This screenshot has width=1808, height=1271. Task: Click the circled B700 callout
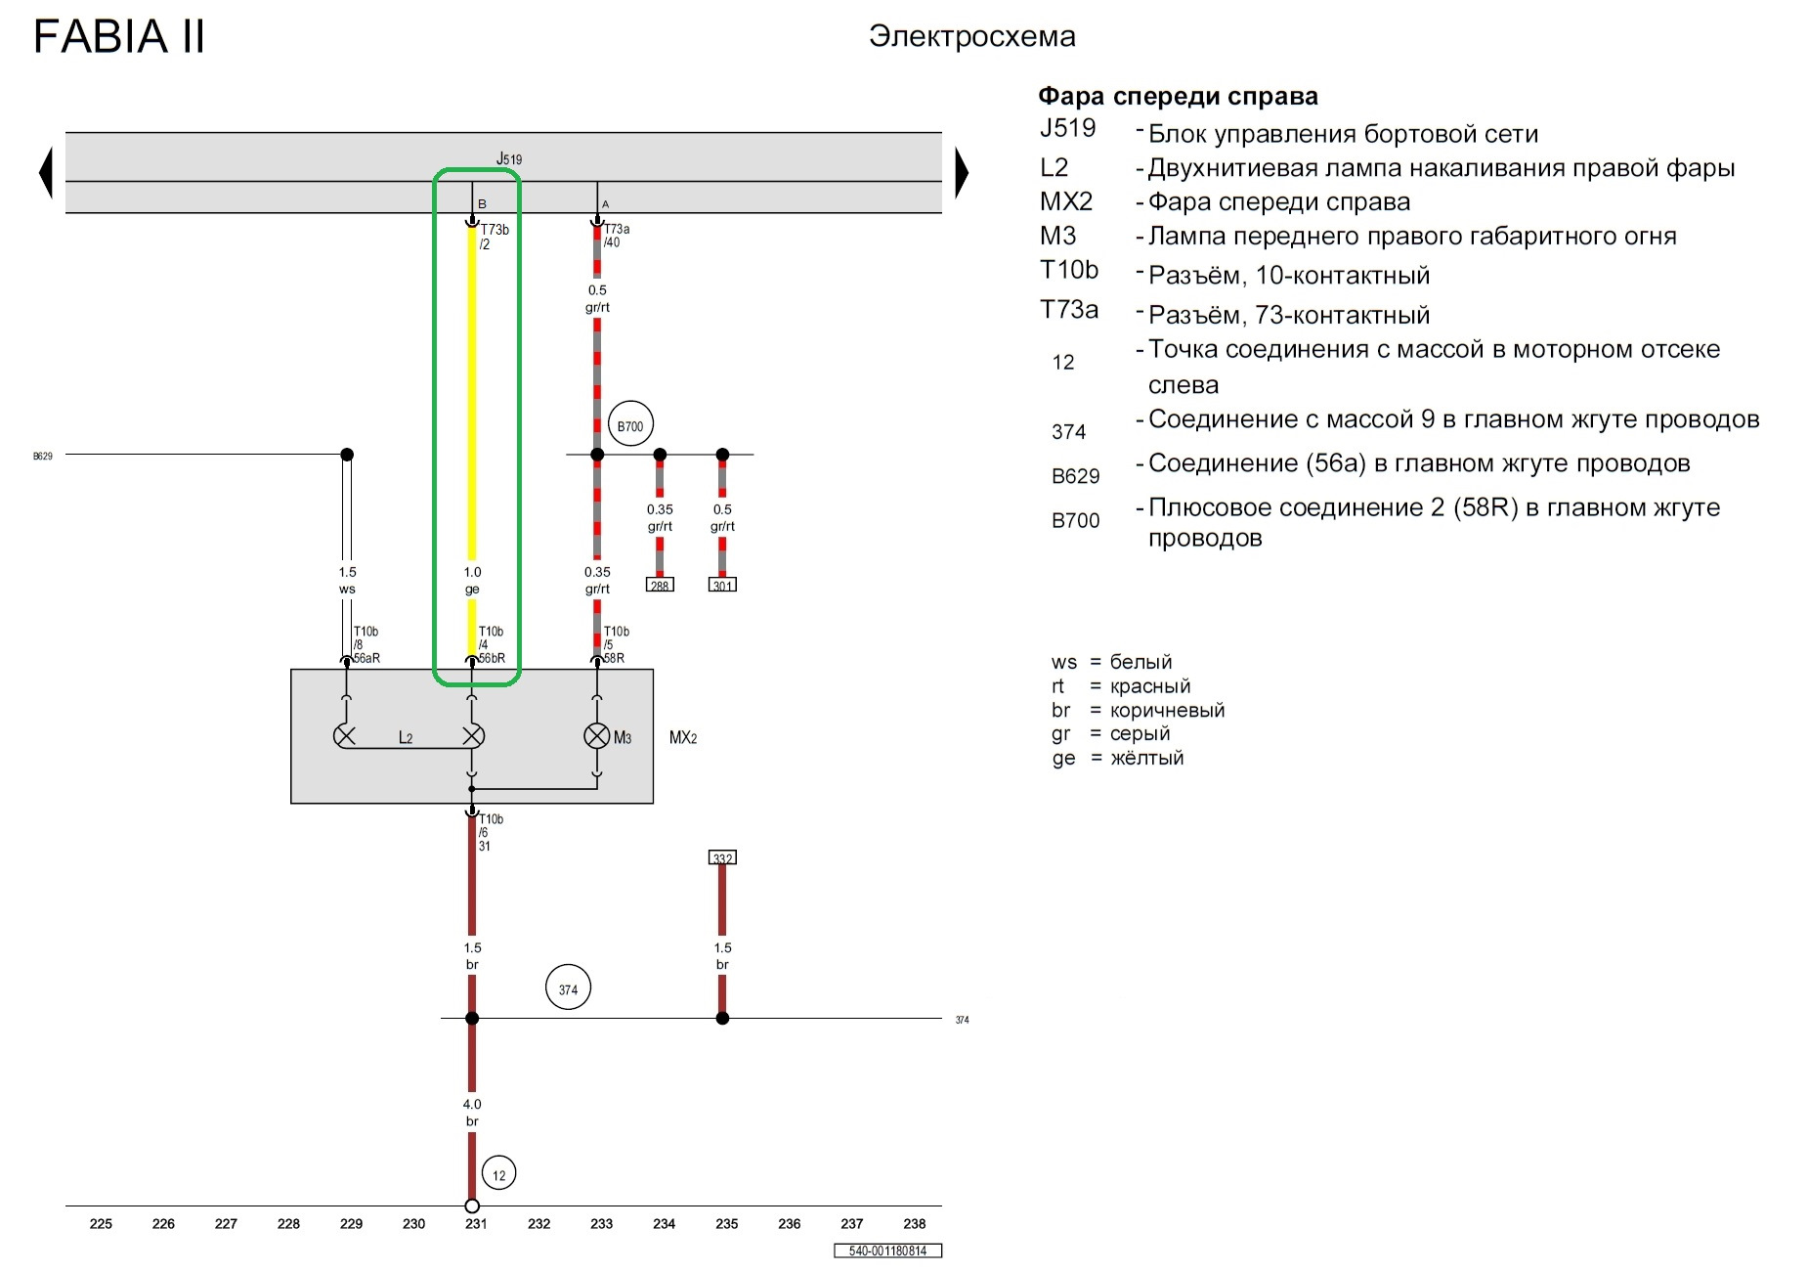tap(630, 425)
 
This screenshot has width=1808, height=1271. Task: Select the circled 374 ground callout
tap(568, 988)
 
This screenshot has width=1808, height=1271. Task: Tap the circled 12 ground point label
tap(499, 1174)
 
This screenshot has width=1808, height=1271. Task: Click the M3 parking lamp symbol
tap(597, 736)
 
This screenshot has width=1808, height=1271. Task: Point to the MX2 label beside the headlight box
tap(683, 737)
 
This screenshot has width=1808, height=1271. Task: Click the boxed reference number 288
tap(660, 585)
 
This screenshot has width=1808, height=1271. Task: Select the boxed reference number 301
tap(722, 585)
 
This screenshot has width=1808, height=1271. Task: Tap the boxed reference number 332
tap(722, 857)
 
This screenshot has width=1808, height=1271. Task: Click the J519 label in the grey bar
tap(509, 158)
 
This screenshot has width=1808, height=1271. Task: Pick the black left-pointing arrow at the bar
tap(45, 173)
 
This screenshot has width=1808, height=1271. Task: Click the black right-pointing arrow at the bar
tap(962, 173)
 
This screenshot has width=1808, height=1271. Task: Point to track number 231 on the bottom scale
tap(476, 1223)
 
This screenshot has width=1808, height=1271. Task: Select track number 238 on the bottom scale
tap(915, 1223)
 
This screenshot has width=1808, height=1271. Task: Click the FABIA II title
tap(119, 37)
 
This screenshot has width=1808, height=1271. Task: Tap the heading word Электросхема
tap(972, 36)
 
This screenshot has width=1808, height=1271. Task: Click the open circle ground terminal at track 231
tap(472, 1205)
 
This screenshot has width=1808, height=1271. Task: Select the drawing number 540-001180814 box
tap(887, 1250)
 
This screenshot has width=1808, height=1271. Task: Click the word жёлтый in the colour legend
tap(1146, 758)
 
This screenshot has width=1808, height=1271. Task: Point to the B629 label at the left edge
tap(43, 456)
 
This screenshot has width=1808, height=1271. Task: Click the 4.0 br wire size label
tap(472, 1113)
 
